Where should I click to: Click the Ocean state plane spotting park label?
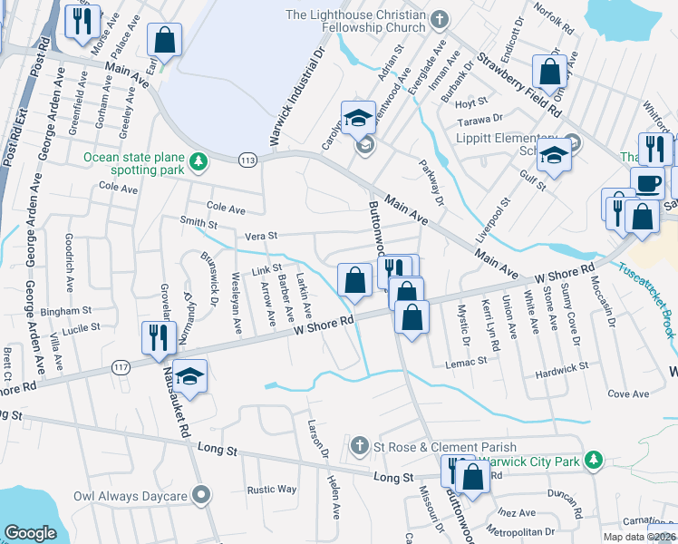(x=134, y=162)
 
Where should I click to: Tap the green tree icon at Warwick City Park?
(x=593, y=461)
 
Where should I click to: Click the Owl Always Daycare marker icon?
(x=202, y=496)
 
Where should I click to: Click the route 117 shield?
(x=120, y=366)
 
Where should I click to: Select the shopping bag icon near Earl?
(x=165, y=40)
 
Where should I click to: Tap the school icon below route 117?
(x=190, y=375)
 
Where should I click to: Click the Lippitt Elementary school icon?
(x=553, y=155)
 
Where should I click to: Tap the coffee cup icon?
(x=647, y=183)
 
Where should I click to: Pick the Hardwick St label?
(x=561, y=366)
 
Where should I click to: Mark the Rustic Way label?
(x=273, y=489)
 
